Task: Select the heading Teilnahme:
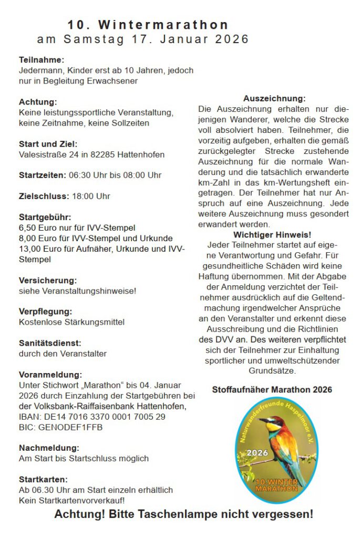(42, 60)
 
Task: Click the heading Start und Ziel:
(48, 144)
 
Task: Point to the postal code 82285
(105, 154)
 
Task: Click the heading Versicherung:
(48, 281)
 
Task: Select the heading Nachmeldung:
(49, 448)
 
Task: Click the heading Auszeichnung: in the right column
(274, 98)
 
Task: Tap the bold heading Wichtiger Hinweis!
(272, 234)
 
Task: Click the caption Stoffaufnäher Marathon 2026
(272, 390)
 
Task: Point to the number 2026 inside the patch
(258, 453)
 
